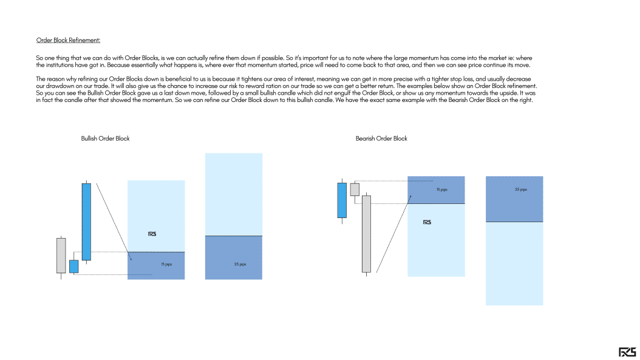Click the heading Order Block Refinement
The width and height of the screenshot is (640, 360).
click(68, 41)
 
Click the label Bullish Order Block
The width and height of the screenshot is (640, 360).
click(105, 138)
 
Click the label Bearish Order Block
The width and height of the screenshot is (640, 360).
click(381, 138)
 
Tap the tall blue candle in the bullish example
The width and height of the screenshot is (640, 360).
click(86, 222)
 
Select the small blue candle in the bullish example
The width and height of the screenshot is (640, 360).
click(73, 267)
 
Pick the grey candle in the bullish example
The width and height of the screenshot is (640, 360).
click(61, 255)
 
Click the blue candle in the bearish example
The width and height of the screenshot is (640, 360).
click(342, 200)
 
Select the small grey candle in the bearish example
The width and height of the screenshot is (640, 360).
click(355, 189)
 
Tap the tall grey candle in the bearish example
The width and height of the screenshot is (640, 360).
click(366, 234)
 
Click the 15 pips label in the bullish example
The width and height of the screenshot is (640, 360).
click(166, 264)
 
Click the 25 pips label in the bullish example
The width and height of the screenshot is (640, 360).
click(240, 264)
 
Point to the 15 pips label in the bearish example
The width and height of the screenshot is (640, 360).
click(441, 190)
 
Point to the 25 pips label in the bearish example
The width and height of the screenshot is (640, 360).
click(520, 189)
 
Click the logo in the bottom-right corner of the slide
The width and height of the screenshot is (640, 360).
click(627, 352)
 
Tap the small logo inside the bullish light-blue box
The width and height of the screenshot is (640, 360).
click(152, 234)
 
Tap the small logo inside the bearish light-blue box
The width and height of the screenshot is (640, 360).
click(427, 222)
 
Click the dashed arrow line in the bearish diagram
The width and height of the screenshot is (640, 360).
click(393, 234)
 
